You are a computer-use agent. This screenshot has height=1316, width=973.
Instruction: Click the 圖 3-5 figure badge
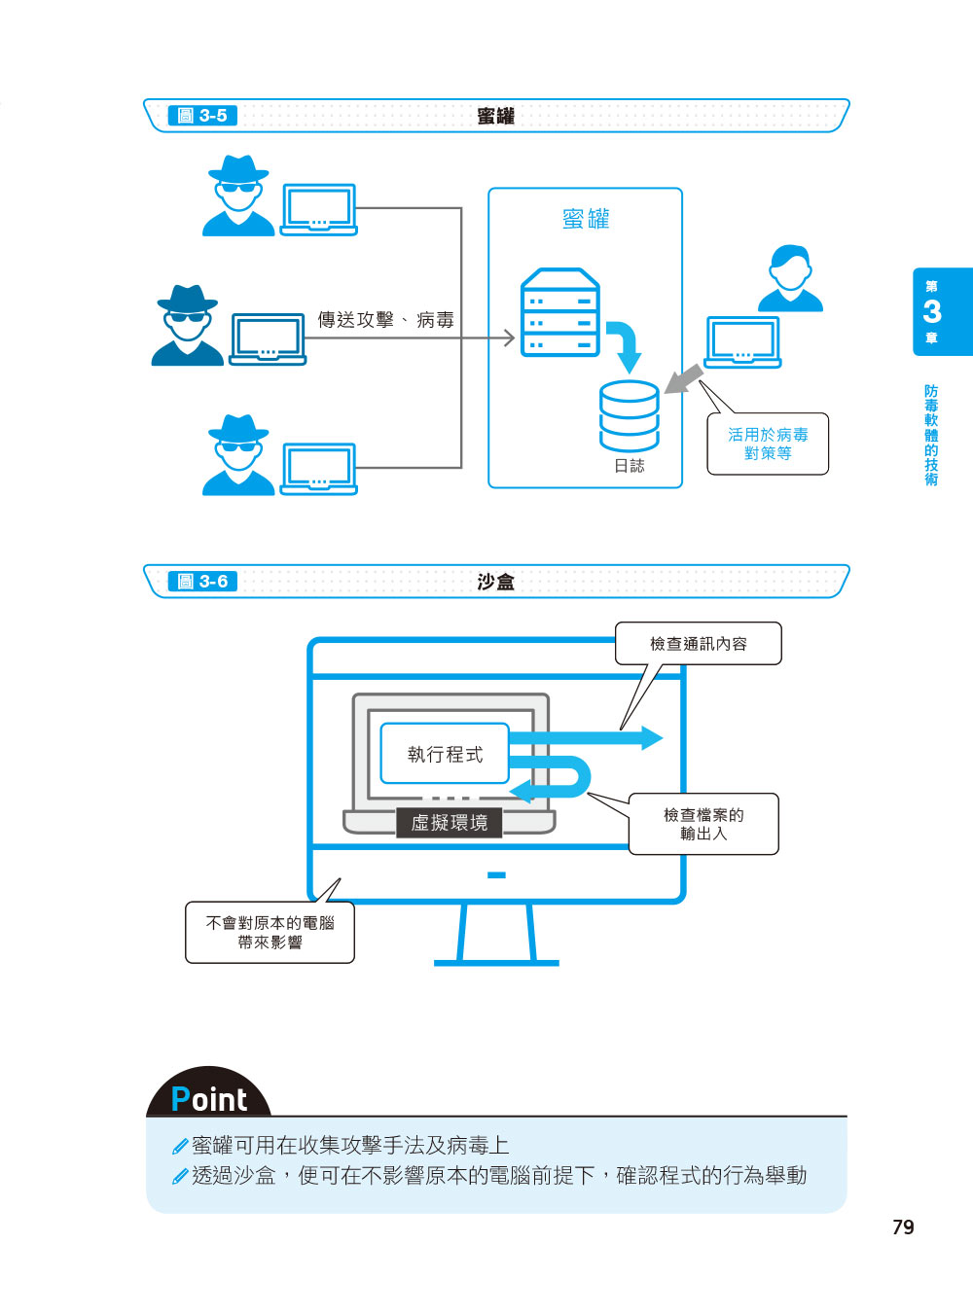202,115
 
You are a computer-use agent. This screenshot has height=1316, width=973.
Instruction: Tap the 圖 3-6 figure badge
202,581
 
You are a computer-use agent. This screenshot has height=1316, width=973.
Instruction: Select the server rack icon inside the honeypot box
559,312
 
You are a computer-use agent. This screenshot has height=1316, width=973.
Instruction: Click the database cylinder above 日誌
629,414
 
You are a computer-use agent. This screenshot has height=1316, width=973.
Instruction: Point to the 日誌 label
629,466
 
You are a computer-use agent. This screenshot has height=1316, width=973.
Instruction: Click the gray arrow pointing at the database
683,379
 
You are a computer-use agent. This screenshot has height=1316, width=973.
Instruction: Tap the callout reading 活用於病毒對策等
768,444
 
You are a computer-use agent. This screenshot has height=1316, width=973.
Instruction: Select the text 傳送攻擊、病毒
385,320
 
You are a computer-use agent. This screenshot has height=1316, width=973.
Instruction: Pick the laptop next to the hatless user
742,342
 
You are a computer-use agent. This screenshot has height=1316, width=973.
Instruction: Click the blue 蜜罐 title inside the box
586,219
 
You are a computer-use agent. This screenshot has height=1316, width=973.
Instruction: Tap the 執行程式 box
445,754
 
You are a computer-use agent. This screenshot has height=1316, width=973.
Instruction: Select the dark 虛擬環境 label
449,822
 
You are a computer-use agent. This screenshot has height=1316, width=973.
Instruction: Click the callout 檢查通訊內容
699,643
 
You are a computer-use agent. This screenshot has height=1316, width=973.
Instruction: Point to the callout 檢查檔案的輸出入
703,824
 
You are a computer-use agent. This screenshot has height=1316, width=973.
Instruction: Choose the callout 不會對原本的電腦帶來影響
270,932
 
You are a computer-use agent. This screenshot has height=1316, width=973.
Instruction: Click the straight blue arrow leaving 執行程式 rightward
586,738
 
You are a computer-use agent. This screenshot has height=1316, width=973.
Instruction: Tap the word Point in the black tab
209,1099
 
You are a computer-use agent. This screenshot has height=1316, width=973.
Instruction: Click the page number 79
903,1227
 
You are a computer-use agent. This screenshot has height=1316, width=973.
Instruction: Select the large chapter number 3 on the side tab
932,311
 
